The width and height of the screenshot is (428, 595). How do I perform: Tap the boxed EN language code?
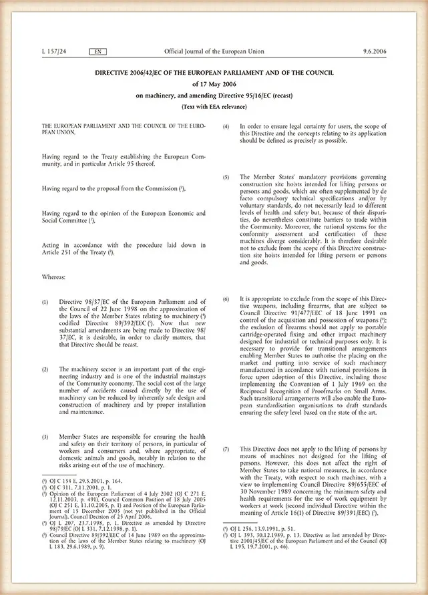click(95, 51)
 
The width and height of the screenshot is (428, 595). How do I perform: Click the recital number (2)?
click(45, 369)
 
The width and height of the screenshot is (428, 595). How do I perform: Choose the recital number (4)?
click(226, 126)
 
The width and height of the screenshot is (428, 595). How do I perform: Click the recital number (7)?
click(226, 449)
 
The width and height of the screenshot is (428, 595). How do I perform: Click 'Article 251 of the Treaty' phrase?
click(73, 253)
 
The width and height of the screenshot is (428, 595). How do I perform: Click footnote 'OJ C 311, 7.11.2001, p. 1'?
click(79, 486)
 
